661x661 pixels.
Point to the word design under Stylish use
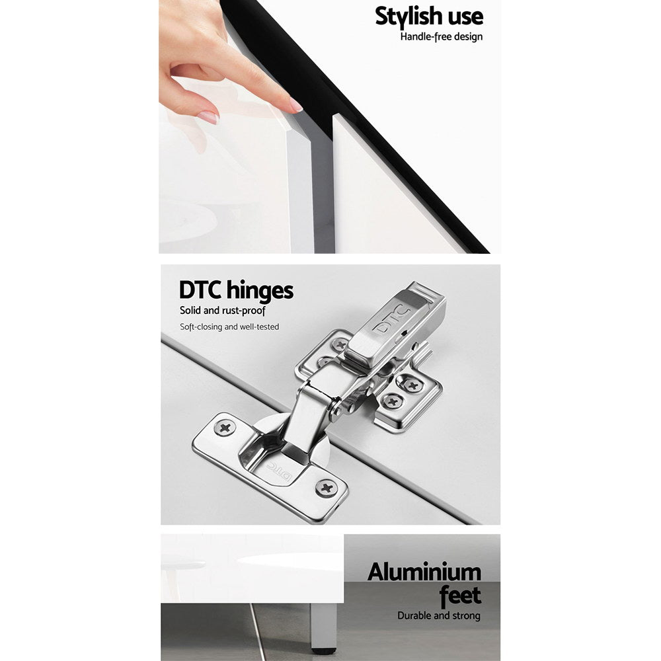[465, 37]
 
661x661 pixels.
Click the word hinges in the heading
[260, 290]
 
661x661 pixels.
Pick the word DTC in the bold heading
[200, 290]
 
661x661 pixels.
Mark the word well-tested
[259, 327]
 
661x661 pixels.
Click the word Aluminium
[424, 572]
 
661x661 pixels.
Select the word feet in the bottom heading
[460, 596]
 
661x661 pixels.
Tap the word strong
[466, 616]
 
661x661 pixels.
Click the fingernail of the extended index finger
[296, 105]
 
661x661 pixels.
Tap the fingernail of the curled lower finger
[208, 117]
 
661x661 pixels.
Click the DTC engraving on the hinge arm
[392, 319]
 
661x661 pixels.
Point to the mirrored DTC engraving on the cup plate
[279, 471]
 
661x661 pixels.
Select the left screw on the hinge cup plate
[225, 428]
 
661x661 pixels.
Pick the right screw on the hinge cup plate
[326, 488]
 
